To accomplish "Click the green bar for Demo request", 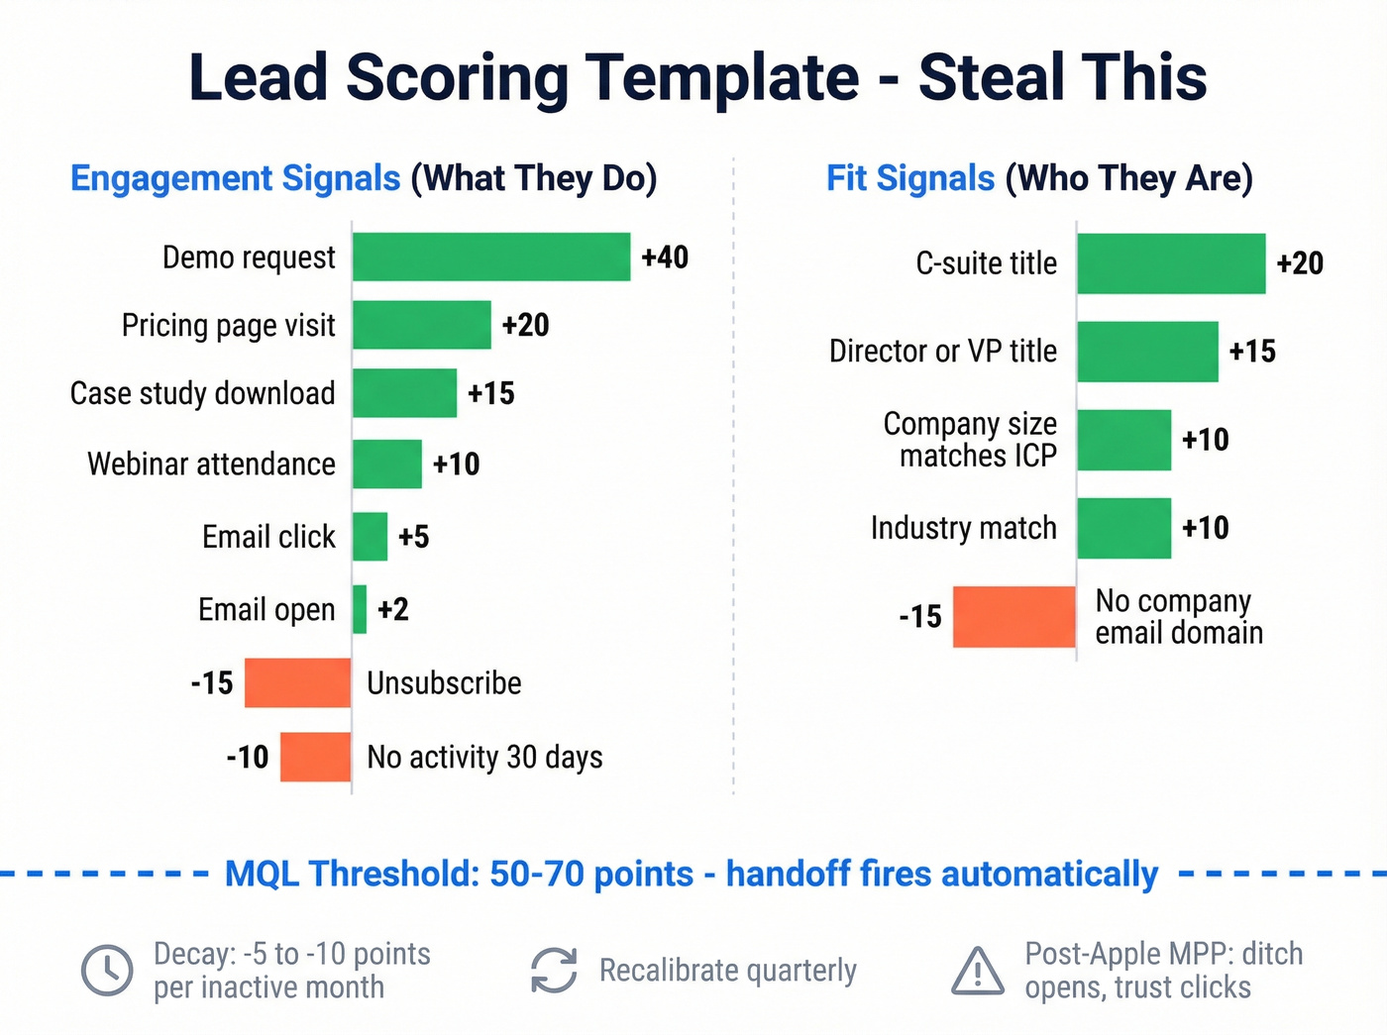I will [x=491, y=258].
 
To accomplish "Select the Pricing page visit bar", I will [x=422, y=325].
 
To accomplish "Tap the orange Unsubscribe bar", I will [x=297, y=682].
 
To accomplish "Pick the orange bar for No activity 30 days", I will [x=315, y=757].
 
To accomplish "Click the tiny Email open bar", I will [x=360, y=609].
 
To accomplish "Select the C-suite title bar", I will [x=1171, y=263].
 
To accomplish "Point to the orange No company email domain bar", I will [x=1014, y=617].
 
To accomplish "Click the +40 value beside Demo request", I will [x=665, y=258].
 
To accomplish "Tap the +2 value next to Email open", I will [x=393, y=609].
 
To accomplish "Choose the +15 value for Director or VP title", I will [x=1252, y=352].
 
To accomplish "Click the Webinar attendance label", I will [x=211, y=464].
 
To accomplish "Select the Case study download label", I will [x=202, y=393].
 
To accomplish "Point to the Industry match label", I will [x=963, y=528].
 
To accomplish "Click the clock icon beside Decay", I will [x=107, y=970].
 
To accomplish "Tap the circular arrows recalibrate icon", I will [x=554, y=970].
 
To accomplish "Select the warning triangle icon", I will [x=978, y=971].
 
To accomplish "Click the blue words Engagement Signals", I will [x=236, y=178].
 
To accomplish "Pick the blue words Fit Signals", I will [x=910, y=178].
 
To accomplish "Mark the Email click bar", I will [x=370, y=537].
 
